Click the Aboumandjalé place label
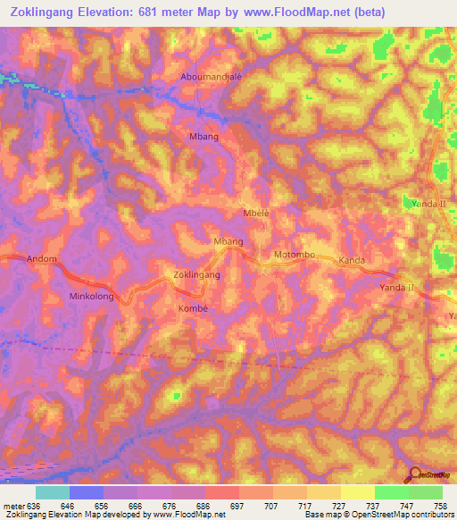click(x=212, y=77)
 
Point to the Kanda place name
click(x=353, y=261)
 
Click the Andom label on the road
click(x=42, y=259)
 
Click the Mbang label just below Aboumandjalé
click(x=204, y=137)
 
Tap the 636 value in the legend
click(x=33, y=505)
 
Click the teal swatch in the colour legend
click(x=52, y=492)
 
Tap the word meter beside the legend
click(x=13, y=505)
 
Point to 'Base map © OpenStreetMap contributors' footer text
click(x=378, y=515)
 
